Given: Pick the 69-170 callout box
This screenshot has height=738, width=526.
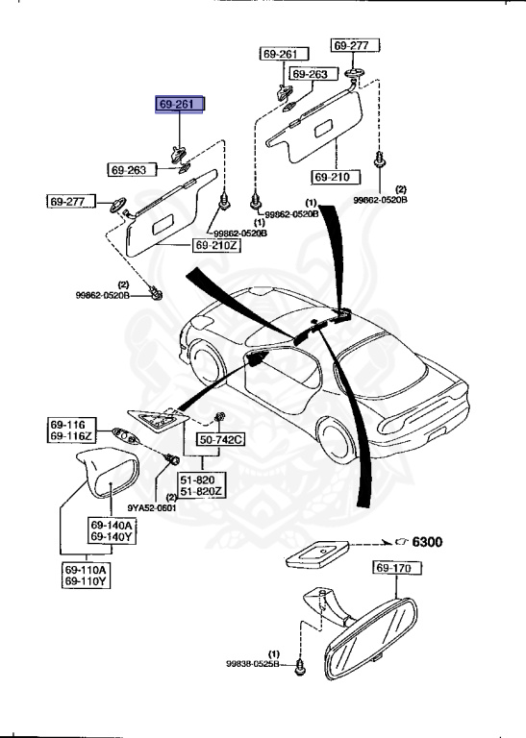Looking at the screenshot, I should click(x=394, y=570).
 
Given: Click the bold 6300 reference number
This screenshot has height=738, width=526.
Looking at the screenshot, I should click(x=427, y=543).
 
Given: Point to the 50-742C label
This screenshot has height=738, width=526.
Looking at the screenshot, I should click(x=222, y=440).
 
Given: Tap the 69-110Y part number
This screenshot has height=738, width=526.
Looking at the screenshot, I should click(x=87, y=581).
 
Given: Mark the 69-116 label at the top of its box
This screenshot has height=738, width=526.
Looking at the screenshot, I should click(x=70, y=424).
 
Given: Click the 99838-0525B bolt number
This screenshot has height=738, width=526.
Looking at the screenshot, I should click(x=253, y=663).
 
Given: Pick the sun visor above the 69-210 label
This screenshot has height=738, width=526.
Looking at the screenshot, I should click(x=318, y=124).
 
